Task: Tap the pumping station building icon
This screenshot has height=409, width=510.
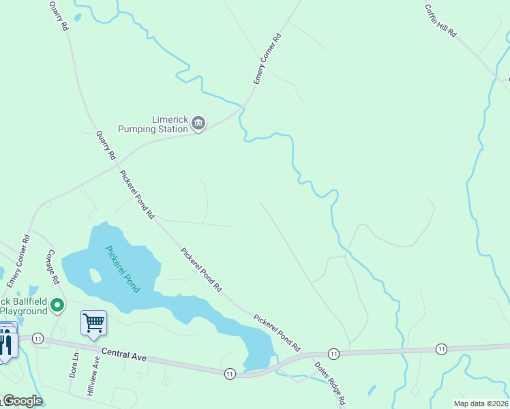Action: tap(198, 123)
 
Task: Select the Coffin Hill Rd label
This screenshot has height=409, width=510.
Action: tap(440, 20)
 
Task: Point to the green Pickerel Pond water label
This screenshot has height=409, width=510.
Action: tap(123, 269)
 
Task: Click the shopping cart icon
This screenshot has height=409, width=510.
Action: tap(93, 322)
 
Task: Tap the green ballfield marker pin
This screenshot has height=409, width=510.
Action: tap(58, 305)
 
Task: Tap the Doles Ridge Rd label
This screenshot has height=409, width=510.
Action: tap(328, 384)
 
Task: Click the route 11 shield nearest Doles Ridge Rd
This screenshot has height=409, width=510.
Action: tap(333, 353)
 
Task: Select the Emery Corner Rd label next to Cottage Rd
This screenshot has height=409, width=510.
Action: tap(19, 261)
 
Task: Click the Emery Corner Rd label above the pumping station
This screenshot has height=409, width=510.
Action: tap(267, 60)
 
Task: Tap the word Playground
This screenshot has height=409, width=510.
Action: tap(24, 311)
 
